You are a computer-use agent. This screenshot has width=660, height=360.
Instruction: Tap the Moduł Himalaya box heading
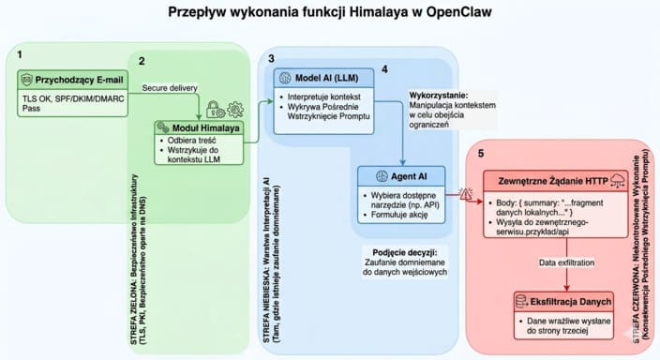[x=203, y=127]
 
